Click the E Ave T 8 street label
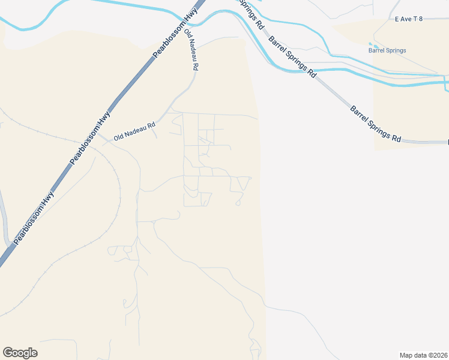click(409, 19)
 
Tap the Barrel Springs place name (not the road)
click(387, 50)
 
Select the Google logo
click(20, 353)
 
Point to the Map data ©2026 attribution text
click(423, 355)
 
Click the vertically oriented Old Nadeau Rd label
click(191, 50)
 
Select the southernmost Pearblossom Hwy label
click(34, 217)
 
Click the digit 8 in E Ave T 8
click(421, 19)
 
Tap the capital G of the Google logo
click(8, 353)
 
